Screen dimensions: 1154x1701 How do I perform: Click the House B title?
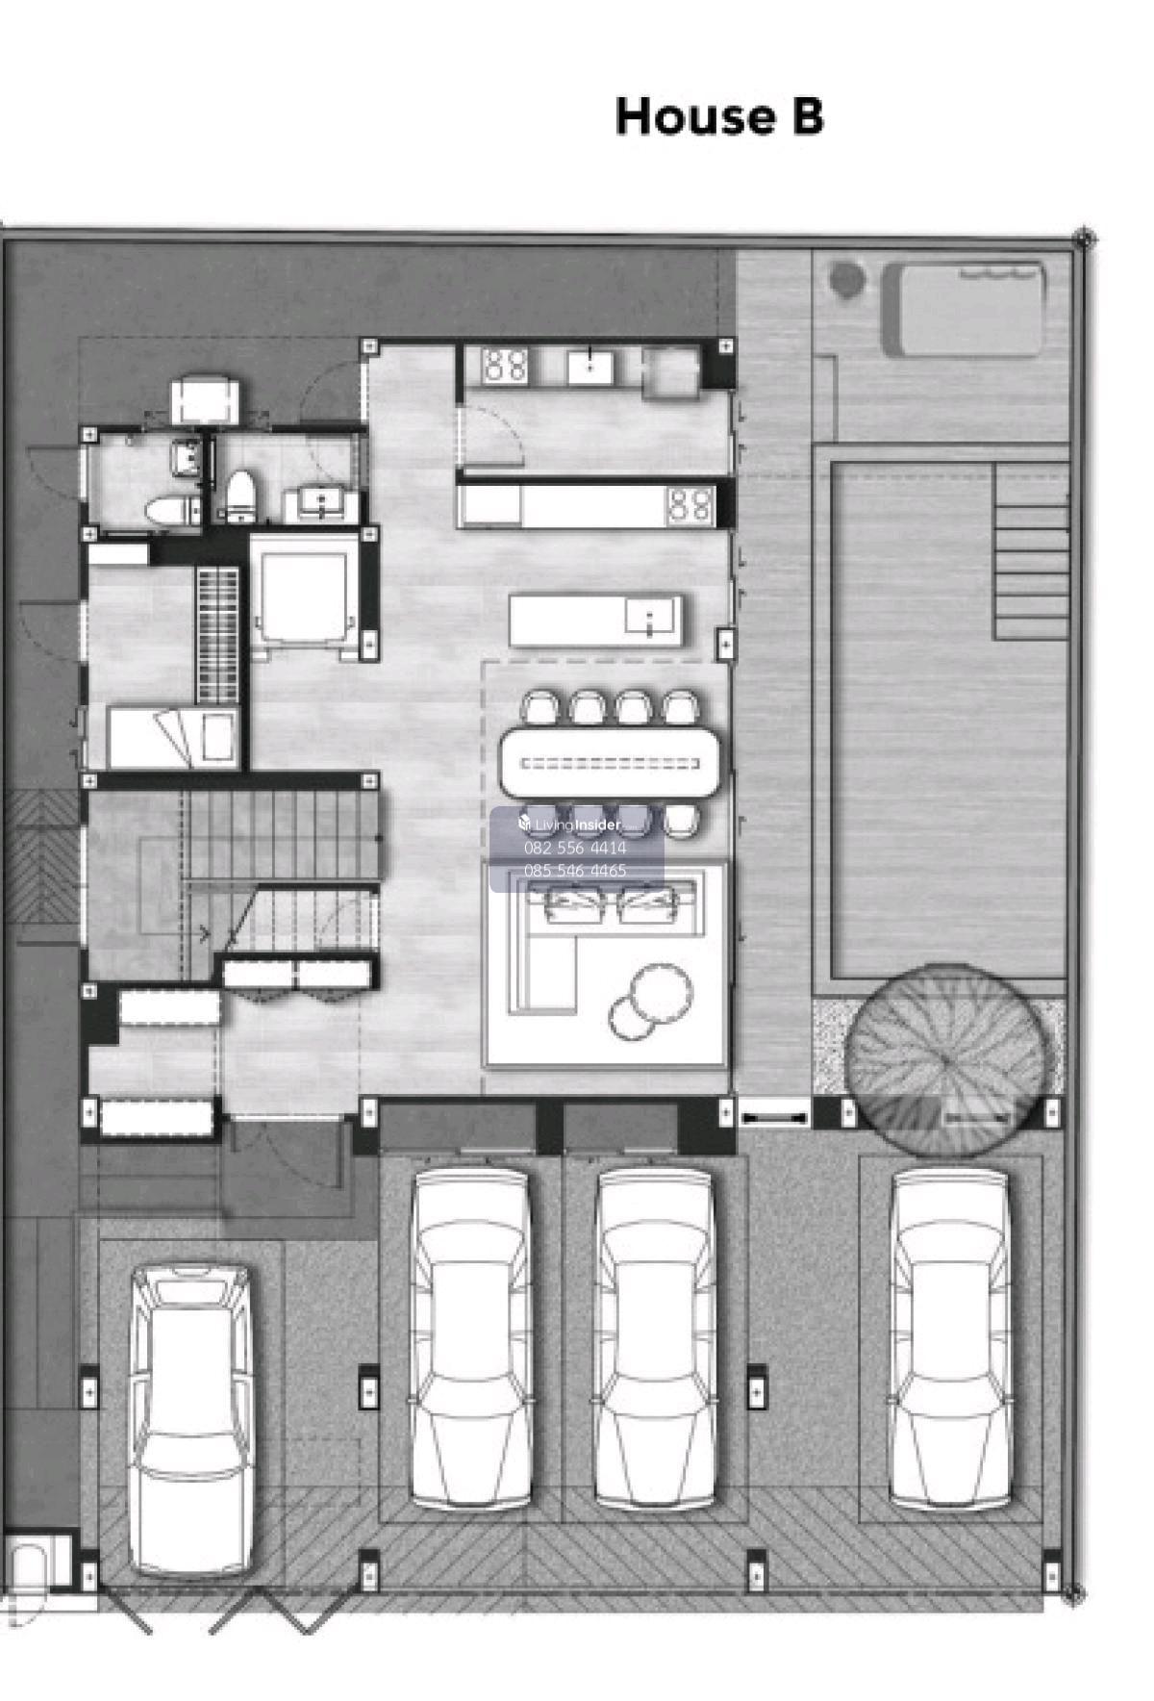pyautogui.click(x=719, y=115)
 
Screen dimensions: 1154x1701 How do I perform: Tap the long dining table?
pyautogui.click(x=610, y=763)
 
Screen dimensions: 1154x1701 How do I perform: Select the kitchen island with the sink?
pyautogui.click(x=596, y=621)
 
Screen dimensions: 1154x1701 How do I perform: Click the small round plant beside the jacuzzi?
pyautogui.click(x=846, y=280)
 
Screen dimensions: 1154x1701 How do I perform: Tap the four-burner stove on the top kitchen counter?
pyautogui.click(x=505, y=365)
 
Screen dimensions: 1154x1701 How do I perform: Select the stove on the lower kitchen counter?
pyautogui.click(x=690, y=505)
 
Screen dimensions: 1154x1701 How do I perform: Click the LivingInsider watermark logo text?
pyautogui.click(x=569, y=825)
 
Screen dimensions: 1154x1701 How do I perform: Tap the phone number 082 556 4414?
pyautogui.click(x=575, y=848)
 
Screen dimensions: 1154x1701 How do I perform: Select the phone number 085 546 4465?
pyautogui.click(x=575, y=870)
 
